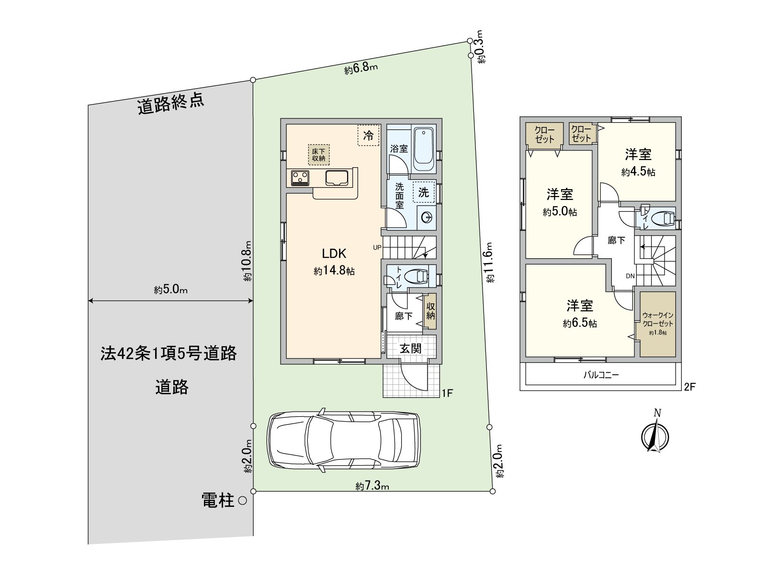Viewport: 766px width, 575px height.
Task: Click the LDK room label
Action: pos(334,253)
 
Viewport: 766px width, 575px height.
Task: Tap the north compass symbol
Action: pos(654,434)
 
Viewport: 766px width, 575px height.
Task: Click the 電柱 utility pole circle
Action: pos(242,501)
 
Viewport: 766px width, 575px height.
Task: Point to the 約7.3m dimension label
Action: pos(372,486)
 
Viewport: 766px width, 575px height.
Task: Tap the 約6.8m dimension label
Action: pos(361,69)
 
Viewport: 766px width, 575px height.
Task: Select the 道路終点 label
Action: pos(171,104)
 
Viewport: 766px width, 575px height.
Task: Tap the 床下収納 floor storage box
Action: pos(318,154)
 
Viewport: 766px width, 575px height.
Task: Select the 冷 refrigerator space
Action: pos(368,135)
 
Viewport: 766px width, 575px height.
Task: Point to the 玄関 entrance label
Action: pos(410,348)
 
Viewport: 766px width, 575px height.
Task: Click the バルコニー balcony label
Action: pos(601,375)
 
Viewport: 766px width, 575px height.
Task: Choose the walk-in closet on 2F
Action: pos(658,324)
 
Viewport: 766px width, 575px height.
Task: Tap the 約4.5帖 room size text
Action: pos(638,172)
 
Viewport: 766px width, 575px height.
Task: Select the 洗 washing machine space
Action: pos(424,193)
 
